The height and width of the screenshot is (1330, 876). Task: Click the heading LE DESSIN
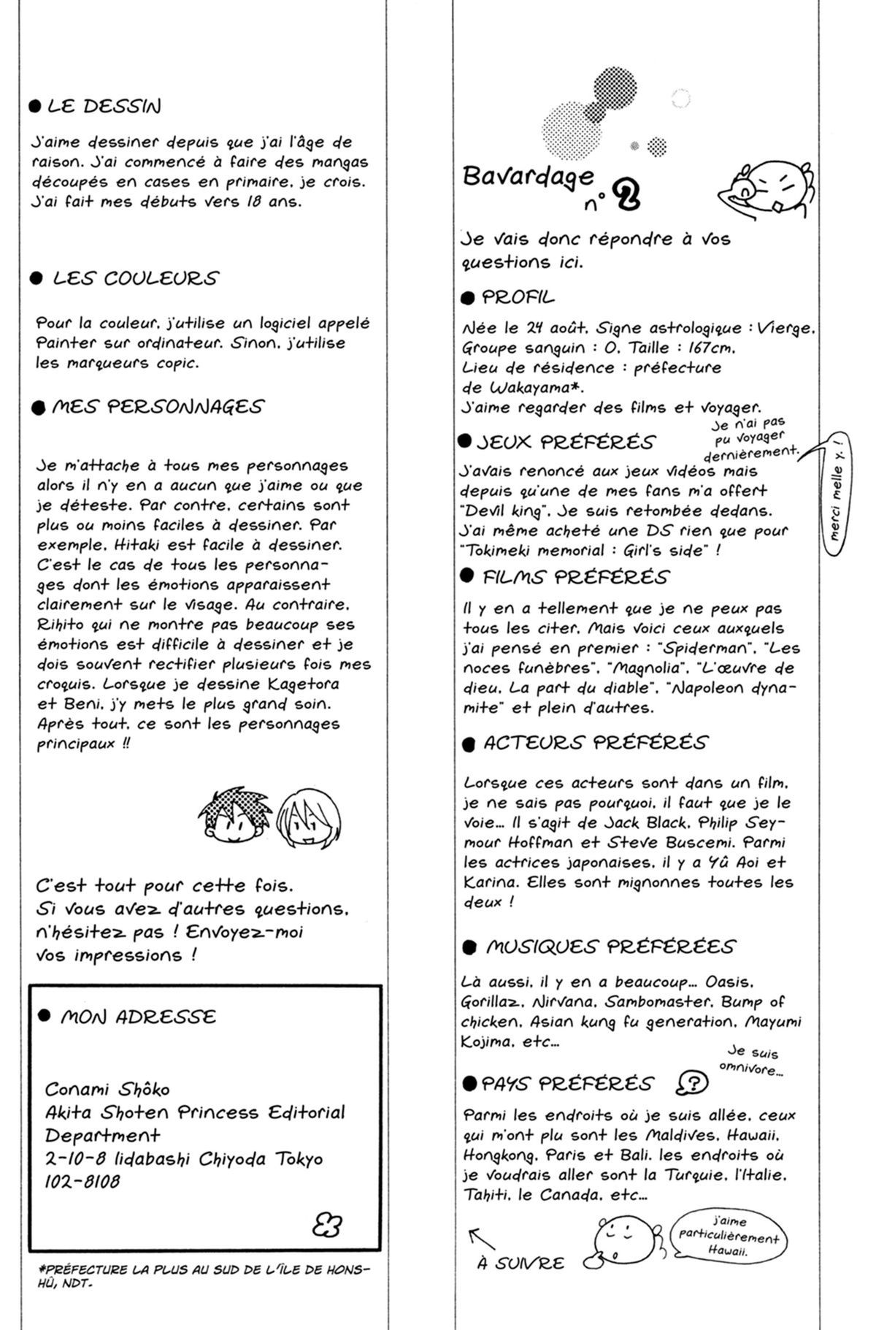point(103,107)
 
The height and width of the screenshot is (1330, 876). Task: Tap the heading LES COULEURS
point(135,278)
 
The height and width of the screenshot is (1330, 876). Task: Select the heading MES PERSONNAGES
point(157,407)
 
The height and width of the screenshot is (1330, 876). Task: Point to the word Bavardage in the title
point(528,177)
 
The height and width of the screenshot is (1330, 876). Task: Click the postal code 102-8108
point(82,1181)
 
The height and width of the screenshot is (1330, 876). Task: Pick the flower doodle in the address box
point(326,1223)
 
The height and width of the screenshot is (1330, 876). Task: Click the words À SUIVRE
point(520,1264)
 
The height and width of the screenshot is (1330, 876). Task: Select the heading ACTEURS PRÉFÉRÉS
point(595,743)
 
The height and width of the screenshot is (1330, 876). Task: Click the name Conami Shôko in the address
point(107,1089)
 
